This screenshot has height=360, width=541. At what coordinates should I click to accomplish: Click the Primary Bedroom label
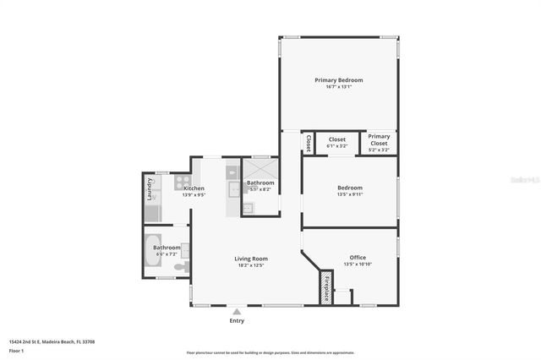pos(338,80)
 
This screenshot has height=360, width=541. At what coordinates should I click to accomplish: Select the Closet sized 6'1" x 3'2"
pos(336,142)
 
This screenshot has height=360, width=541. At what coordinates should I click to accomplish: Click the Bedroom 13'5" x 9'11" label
pos(349,188)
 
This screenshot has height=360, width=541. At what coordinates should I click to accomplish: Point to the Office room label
pos(358,257)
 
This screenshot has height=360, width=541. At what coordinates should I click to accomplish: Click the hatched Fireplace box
pos(325,287)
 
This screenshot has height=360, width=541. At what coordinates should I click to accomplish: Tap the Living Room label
pos(251,259)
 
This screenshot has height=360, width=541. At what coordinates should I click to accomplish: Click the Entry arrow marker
pos(237,312)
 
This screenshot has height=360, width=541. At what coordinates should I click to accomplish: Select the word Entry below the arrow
pos(237,321)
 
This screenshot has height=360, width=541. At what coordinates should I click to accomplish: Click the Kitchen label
pos(194,188)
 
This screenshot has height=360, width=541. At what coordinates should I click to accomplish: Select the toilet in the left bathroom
pos(181,267)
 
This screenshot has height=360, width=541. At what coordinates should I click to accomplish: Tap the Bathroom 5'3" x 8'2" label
pos(260,183)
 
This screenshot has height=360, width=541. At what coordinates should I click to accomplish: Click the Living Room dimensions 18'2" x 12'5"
pos(251,265)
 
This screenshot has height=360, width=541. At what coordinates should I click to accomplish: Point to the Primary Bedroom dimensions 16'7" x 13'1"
pos(338,86)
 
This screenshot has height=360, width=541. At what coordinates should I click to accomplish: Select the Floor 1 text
pos(29,350)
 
